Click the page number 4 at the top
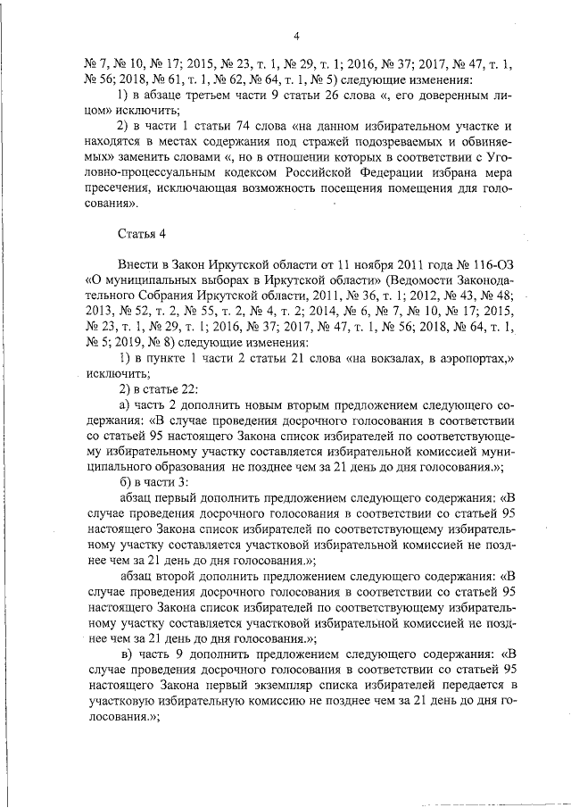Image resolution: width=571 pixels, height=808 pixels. click(297, 36)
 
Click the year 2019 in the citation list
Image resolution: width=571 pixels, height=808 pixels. click(124, 342)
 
